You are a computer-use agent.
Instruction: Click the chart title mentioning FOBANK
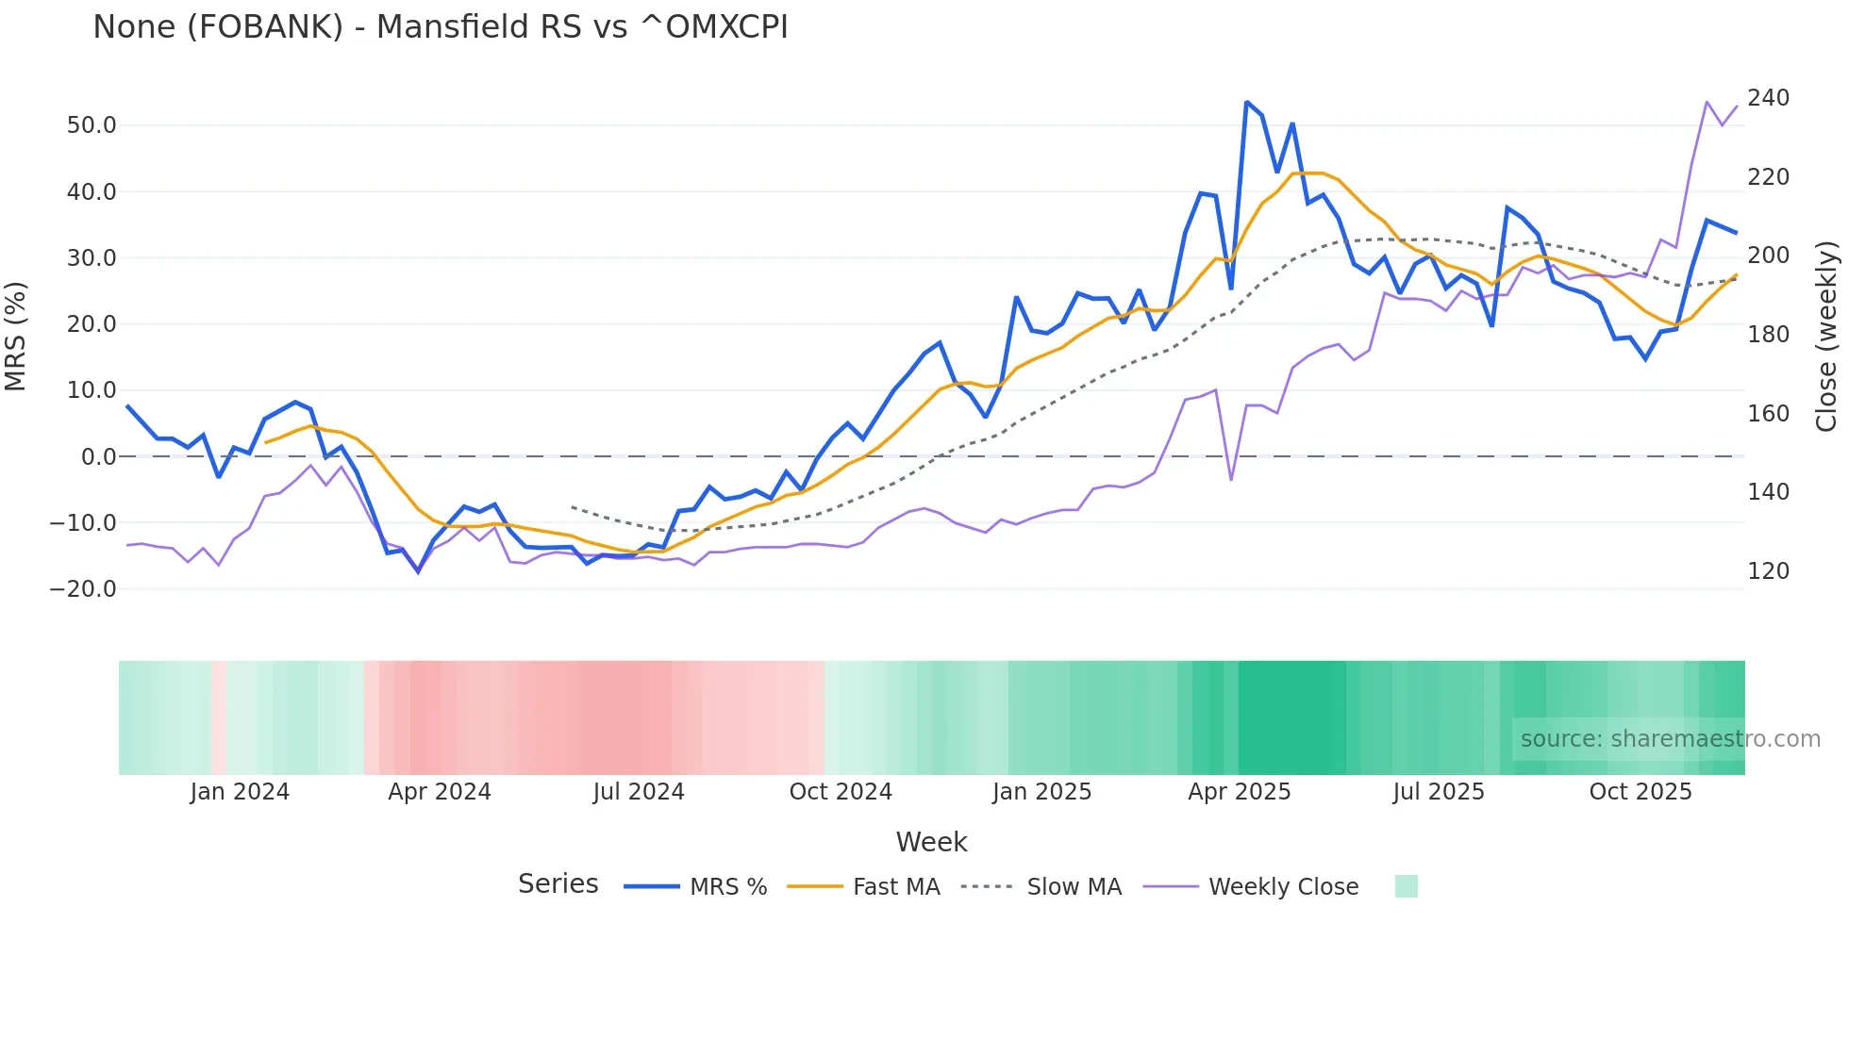(x=440, y=27)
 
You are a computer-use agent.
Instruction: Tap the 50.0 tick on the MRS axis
(x=92, y=125)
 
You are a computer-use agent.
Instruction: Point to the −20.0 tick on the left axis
(x=83, y=589)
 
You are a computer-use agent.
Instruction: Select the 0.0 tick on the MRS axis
(x=98, y=457)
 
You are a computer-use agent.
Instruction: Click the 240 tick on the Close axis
(x=1768, y=98)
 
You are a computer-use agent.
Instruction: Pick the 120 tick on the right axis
(x=1768, y=571)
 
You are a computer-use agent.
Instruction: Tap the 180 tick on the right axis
(x=1768, y=335)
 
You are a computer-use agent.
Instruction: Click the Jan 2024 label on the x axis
(x=240, y=792)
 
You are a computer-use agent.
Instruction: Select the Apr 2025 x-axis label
(x=1239, y=792)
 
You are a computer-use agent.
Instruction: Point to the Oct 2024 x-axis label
(x=841, y=792)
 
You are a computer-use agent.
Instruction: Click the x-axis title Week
(x=931, y=842)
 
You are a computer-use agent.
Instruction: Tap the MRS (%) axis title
(x=16, y=337)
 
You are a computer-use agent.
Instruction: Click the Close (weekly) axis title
(x=1826, y=337)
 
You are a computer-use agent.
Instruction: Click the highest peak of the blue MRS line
(x=1247, y=102)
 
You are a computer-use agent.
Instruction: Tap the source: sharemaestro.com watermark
(x=1670, y=739)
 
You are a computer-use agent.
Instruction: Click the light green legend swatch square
(x=1406, y=886)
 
